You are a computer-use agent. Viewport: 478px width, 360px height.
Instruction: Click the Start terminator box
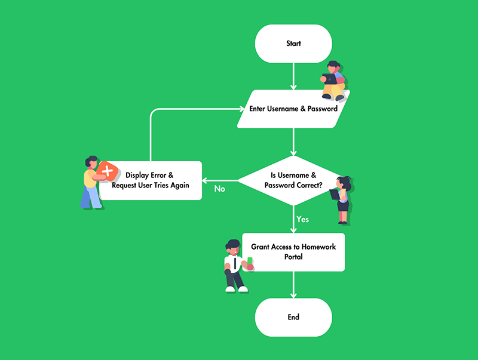point(293,44)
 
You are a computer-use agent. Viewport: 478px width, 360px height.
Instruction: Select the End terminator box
point(293,317)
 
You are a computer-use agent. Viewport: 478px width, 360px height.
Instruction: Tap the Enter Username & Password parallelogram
point(293,109)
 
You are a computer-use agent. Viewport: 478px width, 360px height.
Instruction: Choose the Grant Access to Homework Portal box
point(293,251)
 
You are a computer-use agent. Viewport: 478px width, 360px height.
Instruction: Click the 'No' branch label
point(220,189)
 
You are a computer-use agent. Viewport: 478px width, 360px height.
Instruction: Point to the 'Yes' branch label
point(303,220)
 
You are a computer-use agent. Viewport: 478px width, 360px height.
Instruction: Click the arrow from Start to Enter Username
point(293,76)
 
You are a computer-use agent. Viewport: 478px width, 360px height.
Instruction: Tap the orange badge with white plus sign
point(107,172)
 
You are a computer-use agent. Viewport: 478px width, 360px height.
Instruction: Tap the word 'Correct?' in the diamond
point(309,186)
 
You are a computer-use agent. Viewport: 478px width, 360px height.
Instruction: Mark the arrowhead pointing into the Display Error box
point(205,180)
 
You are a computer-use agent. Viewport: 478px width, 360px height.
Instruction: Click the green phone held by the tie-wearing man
point(250,261)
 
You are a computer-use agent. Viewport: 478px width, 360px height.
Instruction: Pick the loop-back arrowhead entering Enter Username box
point(244,109)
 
